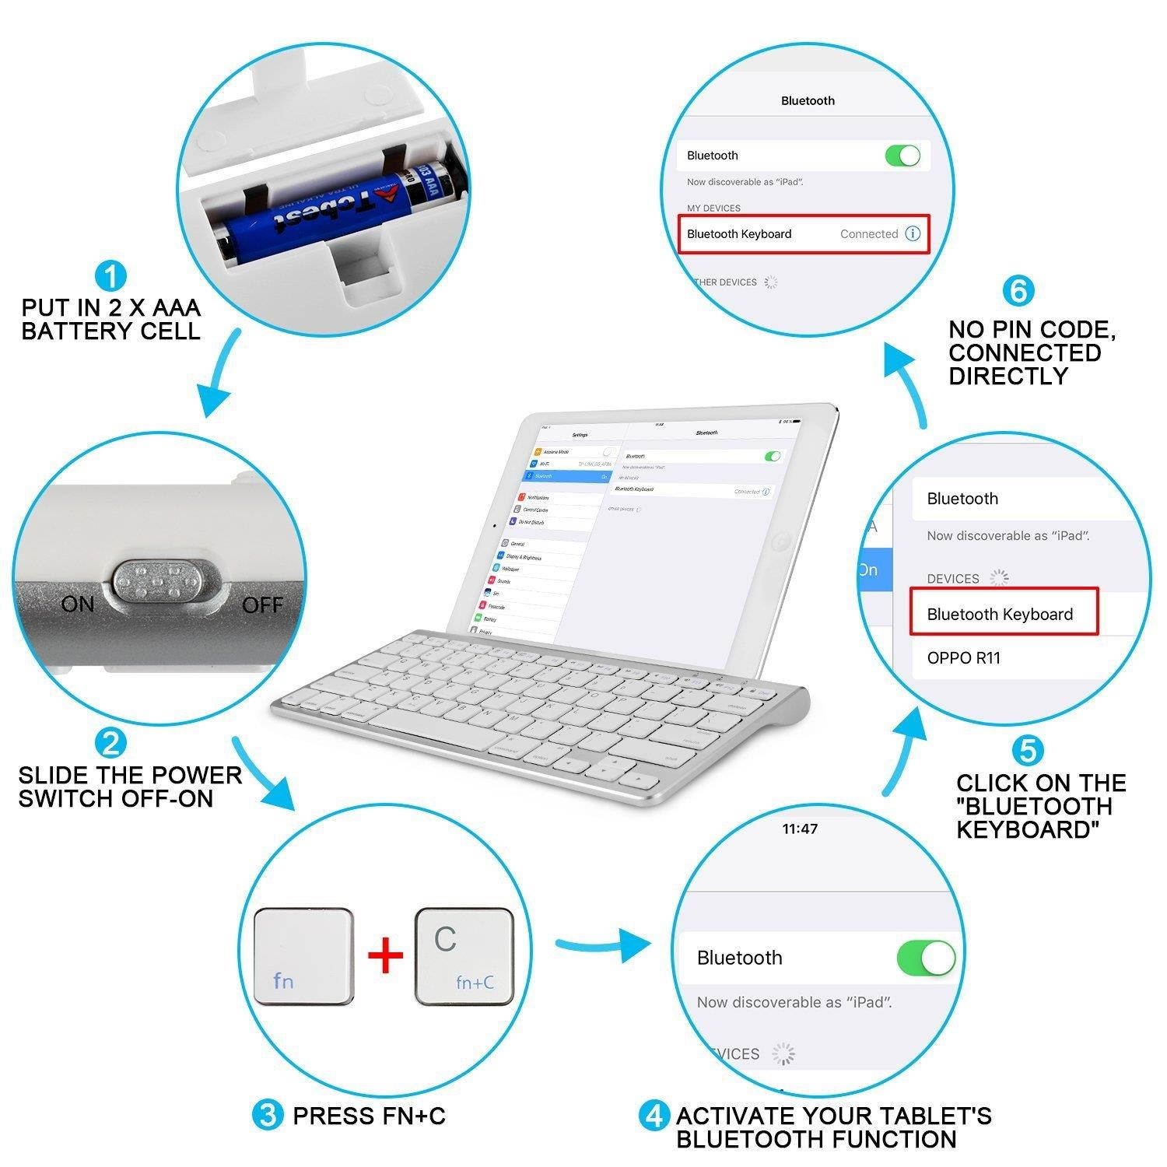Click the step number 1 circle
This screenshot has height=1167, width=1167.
(110, 276)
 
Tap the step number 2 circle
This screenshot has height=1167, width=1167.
(110, 743)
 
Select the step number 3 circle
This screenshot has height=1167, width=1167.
(268, 1116)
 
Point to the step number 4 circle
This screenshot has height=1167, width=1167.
(654, 1116)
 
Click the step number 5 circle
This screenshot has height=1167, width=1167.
(1028, 751)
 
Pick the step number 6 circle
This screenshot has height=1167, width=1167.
(1018, 291)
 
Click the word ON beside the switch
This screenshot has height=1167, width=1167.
(77, 605)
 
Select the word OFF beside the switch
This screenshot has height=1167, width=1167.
(262, 605)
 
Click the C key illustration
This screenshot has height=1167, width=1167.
(464, 956)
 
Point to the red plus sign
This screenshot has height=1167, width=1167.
(386, 956)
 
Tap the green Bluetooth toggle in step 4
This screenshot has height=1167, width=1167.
(926, 958)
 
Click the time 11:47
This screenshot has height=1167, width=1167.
(800, 829)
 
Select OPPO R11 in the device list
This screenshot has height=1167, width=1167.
(963, 658)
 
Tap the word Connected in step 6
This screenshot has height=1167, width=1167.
(868, 234)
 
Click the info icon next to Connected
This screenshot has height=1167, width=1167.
(913, 234)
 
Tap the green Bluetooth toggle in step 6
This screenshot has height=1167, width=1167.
(902, 156)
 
